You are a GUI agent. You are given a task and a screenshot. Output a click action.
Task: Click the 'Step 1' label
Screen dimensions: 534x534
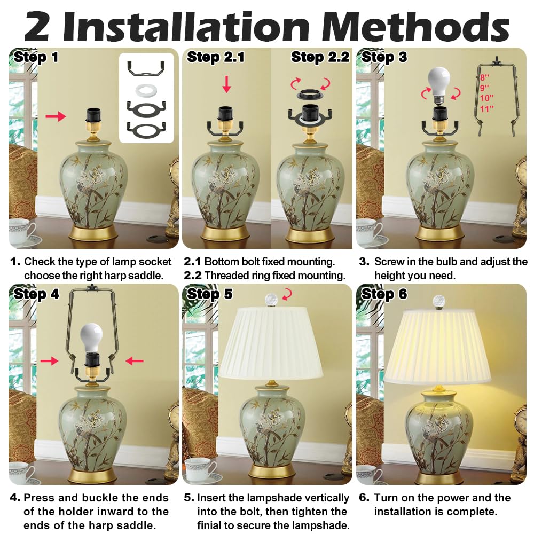tap(36, 57)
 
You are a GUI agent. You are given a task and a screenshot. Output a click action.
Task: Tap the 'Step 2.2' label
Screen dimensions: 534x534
tap(319, 57)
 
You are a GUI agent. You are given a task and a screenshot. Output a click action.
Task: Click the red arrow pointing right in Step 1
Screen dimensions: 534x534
tap(56, 116)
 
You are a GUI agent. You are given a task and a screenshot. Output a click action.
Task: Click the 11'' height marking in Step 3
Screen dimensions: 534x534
tap(486, 108)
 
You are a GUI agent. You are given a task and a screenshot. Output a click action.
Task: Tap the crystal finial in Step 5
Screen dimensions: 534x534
tap(271, 299)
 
